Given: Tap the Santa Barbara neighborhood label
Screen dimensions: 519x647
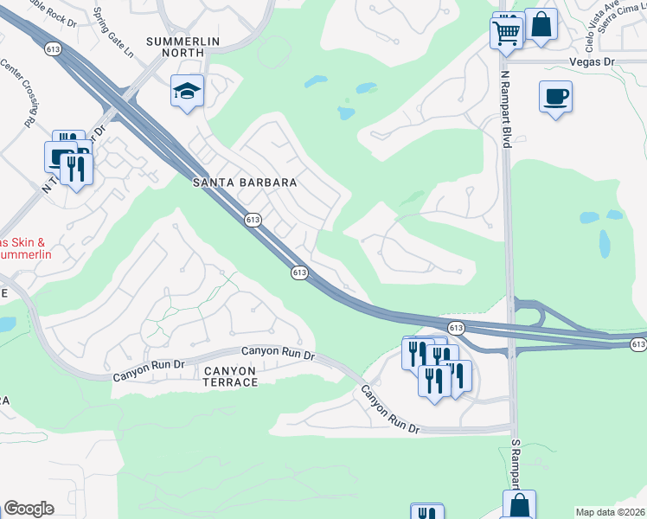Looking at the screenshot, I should [x=244, y=183].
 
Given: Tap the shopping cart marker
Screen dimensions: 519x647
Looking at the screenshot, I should [x=506, y=34].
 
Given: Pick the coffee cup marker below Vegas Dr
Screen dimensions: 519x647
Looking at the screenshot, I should [x=554, y=96].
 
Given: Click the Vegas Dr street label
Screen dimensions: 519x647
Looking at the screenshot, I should [x=591, y=62].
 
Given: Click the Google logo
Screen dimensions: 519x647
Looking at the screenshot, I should [x=29, y=508].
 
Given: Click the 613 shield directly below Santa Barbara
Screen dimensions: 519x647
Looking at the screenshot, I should [x=253, y=221].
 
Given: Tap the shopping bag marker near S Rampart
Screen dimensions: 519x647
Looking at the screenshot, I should [x=519, y=504].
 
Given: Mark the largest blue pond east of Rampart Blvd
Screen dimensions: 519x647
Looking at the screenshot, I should [x=604, y=244].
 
